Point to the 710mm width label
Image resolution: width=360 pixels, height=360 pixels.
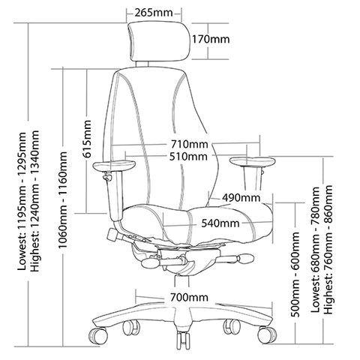[x=189, y=144]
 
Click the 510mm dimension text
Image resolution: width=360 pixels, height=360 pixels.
[x=189, y=157]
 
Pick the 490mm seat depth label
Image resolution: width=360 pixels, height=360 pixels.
[x=240, y=198]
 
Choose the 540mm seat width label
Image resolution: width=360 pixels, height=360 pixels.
[x=220, y=223]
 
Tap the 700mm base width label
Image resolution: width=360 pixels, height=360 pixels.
[x=188, y=298]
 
